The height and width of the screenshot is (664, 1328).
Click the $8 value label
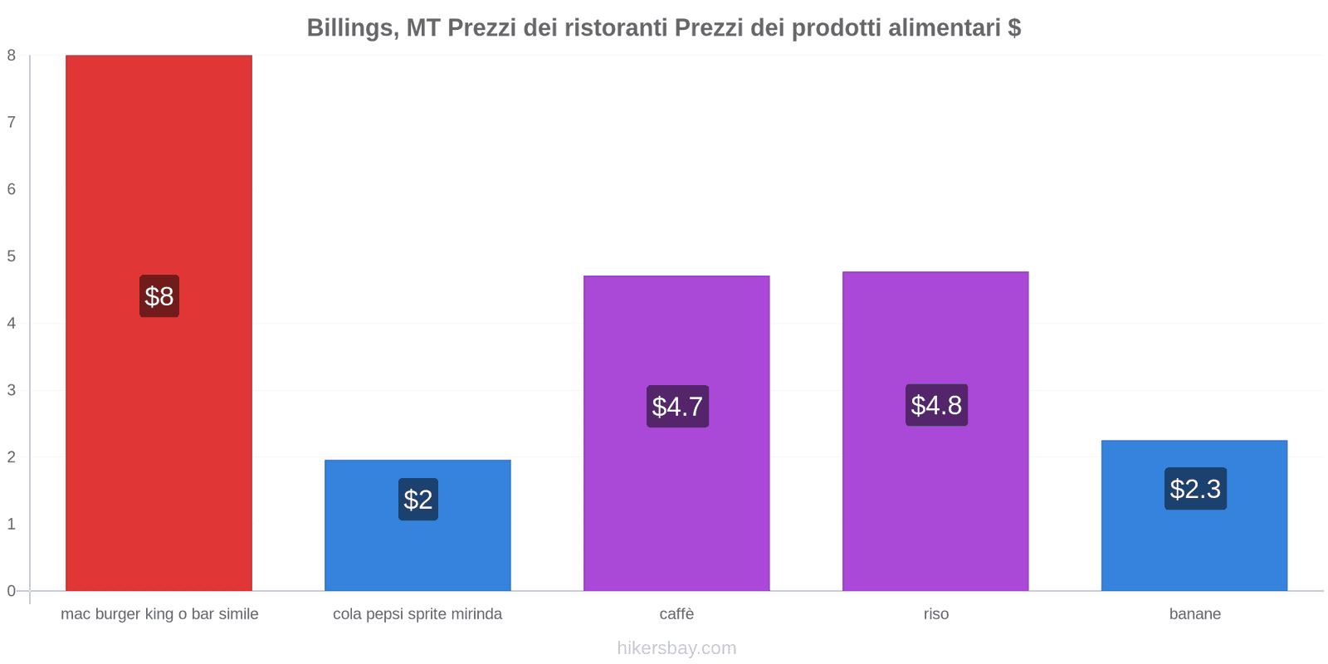point(159,296)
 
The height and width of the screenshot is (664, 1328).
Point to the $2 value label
point(418,500)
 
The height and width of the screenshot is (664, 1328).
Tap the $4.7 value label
point(677,407)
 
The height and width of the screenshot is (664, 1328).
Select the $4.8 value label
point(936,405)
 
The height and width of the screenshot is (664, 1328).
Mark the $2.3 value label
point(1195,489)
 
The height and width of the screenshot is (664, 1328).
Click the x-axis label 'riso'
point(936,614)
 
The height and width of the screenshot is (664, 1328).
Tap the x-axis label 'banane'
point(1195,614)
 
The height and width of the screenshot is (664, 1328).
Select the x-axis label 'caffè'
point(676,614)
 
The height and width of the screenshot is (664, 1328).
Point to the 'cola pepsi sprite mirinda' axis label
point(417,614)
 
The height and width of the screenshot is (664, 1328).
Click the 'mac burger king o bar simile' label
point(159,614)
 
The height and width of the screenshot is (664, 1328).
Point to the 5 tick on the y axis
point(12,256)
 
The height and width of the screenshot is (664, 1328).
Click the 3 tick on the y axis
point(12,390)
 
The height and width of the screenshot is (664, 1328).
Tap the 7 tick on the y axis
point(12,123)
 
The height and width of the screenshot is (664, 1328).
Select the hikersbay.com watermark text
point(676,648)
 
